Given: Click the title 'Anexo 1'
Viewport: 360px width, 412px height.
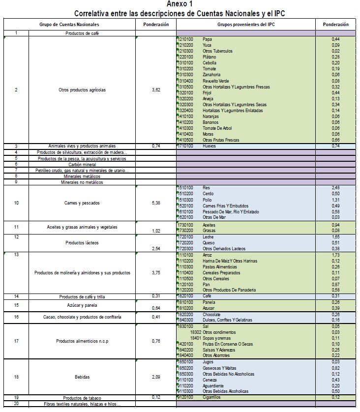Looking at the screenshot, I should (180, 4).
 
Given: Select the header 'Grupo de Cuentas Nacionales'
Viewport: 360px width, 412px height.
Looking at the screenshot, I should (69, 25).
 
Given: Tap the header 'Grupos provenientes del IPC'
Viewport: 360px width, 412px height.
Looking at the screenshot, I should (246, 25).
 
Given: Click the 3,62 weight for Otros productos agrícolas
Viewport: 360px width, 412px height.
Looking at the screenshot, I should (156, 90).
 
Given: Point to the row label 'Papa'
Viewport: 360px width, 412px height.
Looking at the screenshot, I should (207, 39).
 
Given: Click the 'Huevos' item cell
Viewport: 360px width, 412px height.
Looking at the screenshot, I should (209, 146).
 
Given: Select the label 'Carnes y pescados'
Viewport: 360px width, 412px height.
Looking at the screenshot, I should (82, 203).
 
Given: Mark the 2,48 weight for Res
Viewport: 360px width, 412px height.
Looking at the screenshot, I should (335, 188).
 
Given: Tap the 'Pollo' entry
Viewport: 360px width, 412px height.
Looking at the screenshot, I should (208, 200).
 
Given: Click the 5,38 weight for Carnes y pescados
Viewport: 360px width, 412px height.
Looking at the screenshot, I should (156, 203).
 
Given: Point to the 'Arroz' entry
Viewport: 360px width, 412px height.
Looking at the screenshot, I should (208, 255).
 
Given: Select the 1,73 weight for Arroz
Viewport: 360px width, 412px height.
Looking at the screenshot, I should (335, 255).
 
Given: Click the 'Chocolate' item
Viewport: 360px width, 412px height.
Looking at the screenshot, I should (211, 314).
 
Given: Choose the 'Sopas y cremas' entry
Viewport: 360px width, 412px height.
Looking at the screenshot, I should (217, 338).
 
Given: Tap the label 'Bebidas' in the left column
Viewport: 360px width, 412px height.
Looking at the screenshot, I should (82, 377).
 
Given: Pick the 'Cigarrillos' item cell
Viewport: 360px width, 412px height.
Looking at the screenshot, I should (212, 397).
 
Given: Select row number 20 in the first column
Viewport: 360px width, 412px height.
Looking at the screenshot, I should (16, 404).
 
